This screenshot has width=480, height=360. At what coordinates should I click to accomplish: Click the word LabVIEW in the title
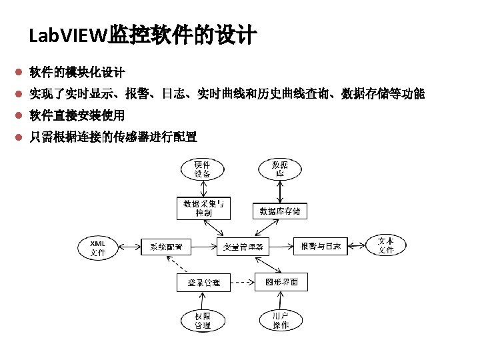(68, 35)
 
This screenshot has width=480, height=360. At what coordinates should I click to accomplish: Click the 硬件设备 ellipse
(202, 169)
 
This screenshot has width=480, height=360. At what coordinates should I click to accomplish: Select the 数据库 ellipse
(280, 169)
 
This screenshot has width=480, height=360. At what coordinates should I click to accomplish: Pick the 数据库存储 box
(280, 211)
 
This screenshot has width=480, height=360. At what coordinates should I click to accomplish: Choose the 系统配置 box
(167, 247)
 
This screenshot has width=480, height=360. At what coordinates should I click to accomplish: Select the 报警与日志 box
(321, 247)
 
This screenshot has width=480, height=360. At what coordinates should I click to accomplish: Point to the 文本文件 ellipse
(386, 246)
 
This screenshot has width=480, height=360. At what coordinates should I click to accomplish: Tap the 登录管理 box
(203, 283)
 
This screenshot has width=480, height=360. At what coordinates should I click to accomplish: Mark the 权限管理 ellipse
(203, 320)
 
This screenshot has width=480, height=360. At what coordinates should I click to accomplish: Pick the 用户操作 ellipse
(281, 320)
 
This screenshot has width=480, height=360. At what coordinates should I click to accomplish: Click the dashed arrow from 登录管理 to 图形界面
(242, 283)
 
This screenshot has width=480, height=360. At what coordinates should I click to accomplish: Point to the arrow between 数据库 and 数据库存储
(280, 192)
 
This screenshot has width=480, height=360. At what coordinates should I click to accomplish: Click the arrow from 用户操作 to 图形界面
(281, 300)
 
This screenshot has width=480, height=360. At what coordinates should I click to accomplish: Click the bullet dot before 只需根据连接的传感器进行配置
(20, 137)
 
